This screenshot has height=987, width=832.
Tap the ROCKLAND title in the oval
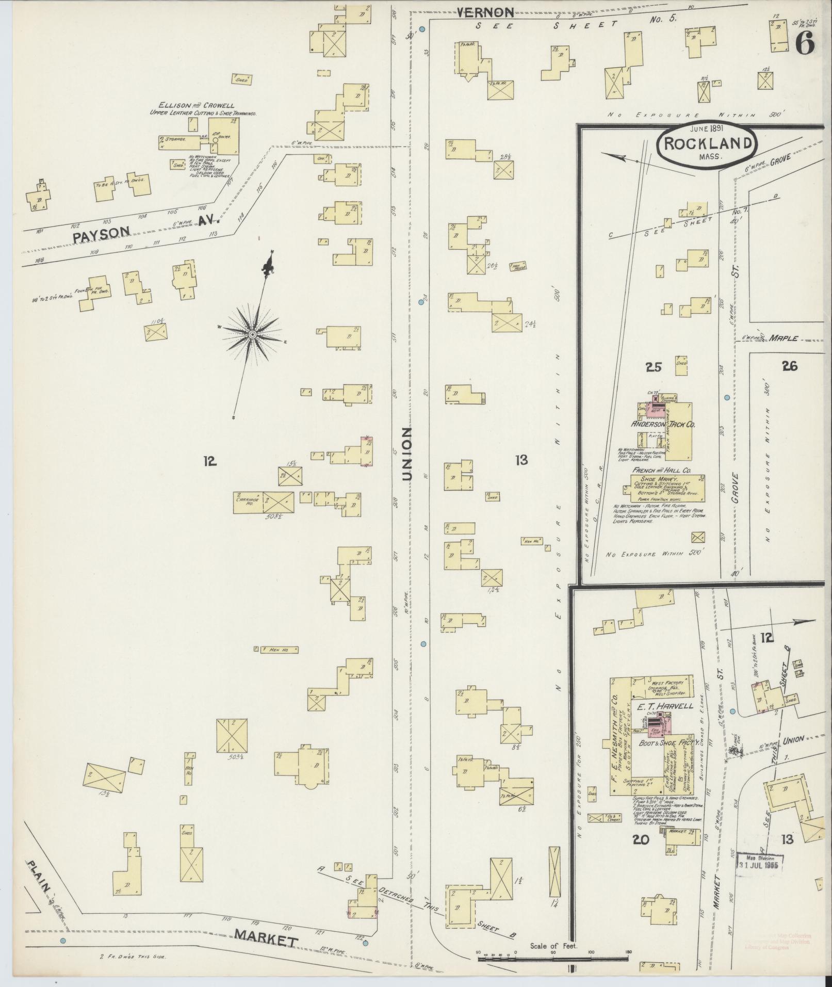tap(707, 143)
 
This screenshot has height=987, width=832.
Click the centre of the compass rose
tap(252, 335)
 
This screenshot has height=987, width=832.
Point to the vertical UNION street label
tap(407, 454)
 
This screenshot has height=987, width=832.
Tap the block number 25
tap(654, 367)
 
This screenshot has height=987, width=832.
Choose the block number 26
tap(789, 366)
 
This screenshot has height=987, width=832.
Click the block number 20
tap(641, 839)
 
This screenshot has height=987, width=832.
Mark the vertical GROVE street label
tap(735, 488)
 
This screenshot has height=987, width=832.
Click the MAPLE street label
tap(783, 339)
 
